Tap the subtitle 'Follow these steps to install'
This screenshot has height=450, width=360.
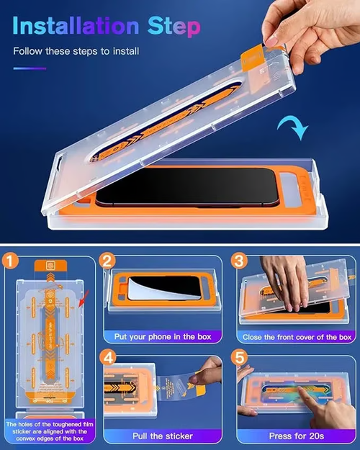tap(76, 51)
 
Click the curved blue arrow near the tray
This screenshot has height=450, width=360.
tap(294, 127)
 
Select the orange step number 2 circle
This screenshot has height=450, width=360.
tap(107, 261)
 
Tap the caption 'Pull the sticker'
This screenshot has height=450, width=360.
tap(161, 436)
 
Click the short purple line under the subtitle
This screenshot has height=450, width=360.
tap(29, 69)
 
